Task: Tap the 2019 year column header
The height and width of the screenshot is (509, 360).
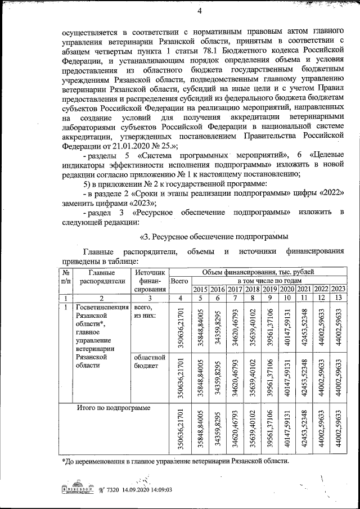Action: pos(270,289)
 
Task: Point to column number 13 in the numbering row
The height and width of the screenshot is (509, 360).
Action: pos(339,298)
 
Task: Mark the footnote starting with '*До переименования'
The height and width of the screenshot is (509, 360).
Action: pos(175,461)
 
